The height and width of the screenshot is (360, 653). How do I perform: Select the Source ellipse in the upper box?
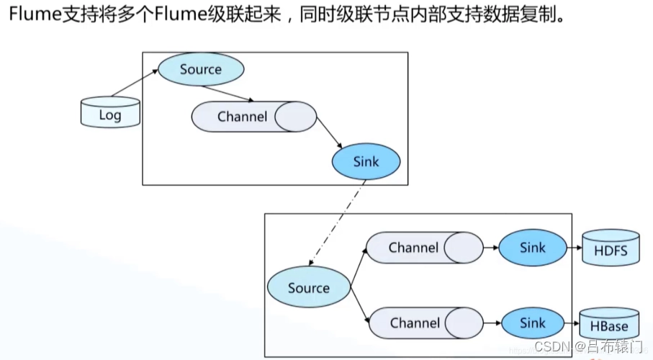pos(201,69)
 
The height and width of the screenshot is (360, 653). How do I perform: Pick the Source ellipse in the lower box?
pos(308,288)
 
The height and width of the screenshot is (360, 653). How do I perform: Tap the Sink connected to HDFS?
pos(532,248)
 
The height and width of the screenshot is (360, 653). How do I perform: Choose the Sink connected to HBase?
pos(532,323)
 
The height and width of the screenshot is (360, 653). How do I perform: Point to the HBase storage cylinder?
pos(611,325)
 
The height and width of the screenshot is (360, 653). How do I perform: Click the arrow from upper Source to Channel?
pos(229,94)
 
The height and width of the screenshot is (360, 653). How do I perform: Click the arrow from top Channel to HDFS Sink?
pos(491,248)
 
